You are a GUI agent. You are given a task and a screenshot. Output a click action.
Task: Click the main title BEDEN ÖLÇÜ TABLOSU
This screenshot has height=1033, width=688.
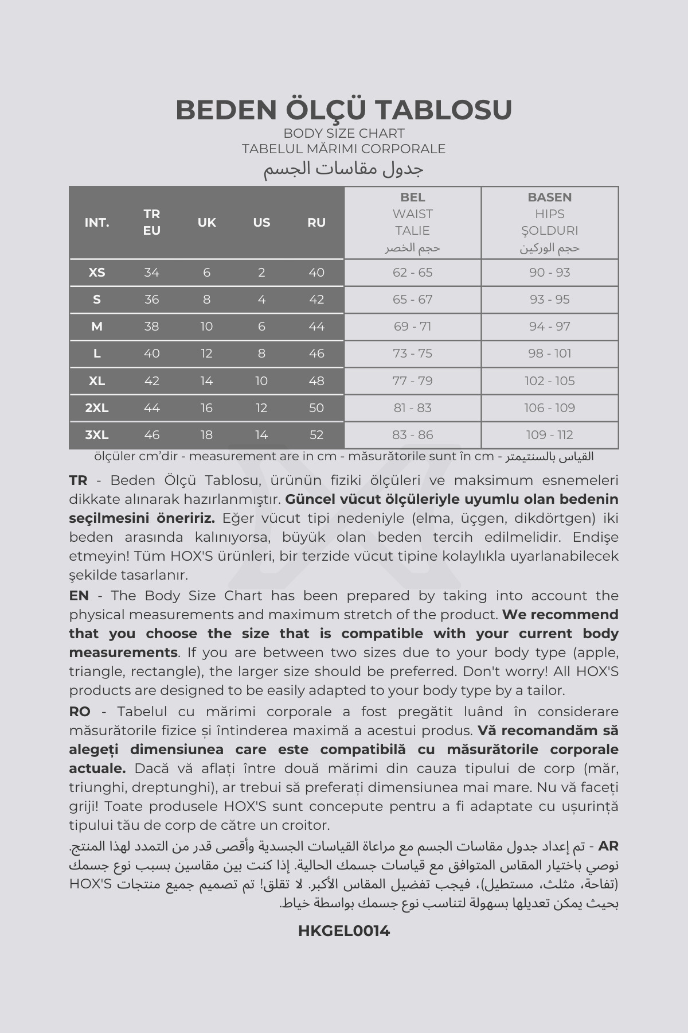pyautogui.click(x=344, y=110)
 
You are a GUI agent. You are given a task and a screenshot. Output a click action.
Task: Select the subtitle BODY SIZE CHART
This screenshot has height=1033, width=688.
pyautogui.click(x=344, y=133)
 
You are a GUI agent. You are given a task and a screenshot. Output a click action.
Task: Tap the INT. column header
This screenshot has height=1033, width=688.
pyautogui.click(x=97, y=223)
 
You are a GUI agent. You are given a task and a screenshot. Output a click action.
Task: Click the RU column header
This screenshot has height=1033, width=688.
pyautogui.click(x=316, y=223)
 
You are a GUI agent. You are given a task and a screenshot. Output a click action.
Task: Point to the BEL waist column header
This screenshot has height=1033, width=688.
pyautogui.click(x=412, y=197)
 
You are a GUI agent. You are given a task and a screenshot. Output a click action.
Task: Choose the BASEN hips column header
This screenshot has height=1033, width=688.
pyautogui.click(x=549, y=197)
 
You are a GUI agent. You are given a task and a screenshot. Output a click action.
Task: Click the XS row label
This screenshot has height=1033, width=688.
pyautogui.click(x=97, y=273)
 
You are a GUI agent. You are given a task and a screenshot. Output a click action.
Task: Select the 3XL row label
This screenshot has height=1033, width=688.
pyautogui.click(x=97, y=435)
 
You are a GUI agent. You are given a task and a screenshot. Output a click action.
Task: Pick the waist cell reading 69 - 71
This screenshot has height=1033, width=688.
pyautogui.click(x=412, y=327)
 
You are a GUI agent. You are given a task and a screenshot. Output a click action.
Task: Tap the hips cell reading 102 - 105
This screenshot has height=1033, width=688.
pyautogui.click(x=549, y=381)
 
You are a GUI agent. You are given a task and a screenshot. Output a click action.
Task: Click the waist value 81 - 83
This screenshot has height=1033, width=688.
pyautogui.click(x=412, y=408)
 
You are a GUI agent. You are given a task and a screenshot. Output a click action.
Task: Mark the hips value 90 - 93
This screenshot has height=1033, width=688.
pyautogui.click(x=549, y=273)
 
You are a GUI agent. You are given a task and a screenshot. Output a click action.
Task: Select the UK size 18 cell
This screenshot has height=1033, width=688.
pyautogui.click(x=206, y=435)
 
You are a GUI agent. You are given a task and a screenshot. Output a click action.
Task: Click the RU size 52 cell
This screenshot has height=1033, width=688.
pyautogui.click(x=316, y=435)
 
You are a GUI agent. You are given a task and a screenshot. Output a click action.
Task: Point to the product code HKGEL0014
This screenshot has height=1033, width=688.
pyautogui.click(x=344, y=931)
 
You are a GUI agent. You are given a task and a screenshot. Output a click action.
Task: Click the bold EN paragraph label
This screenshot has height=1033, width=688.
pyautogui.click(x=79, y=596)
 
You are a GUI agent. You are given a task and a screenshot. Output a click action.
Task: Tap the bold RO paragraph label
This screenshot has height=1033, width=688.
pyautogui.click(x=80, y=712)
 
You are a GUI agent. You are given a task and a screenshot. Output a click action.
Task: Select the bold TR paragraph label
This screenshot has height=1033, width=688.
pyautogui.click(x=78, y=480)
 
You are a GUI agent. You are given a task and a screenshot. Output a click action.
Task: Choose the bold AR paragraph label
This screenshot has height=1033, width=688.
pyautogui.click(x=608, y=846)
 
